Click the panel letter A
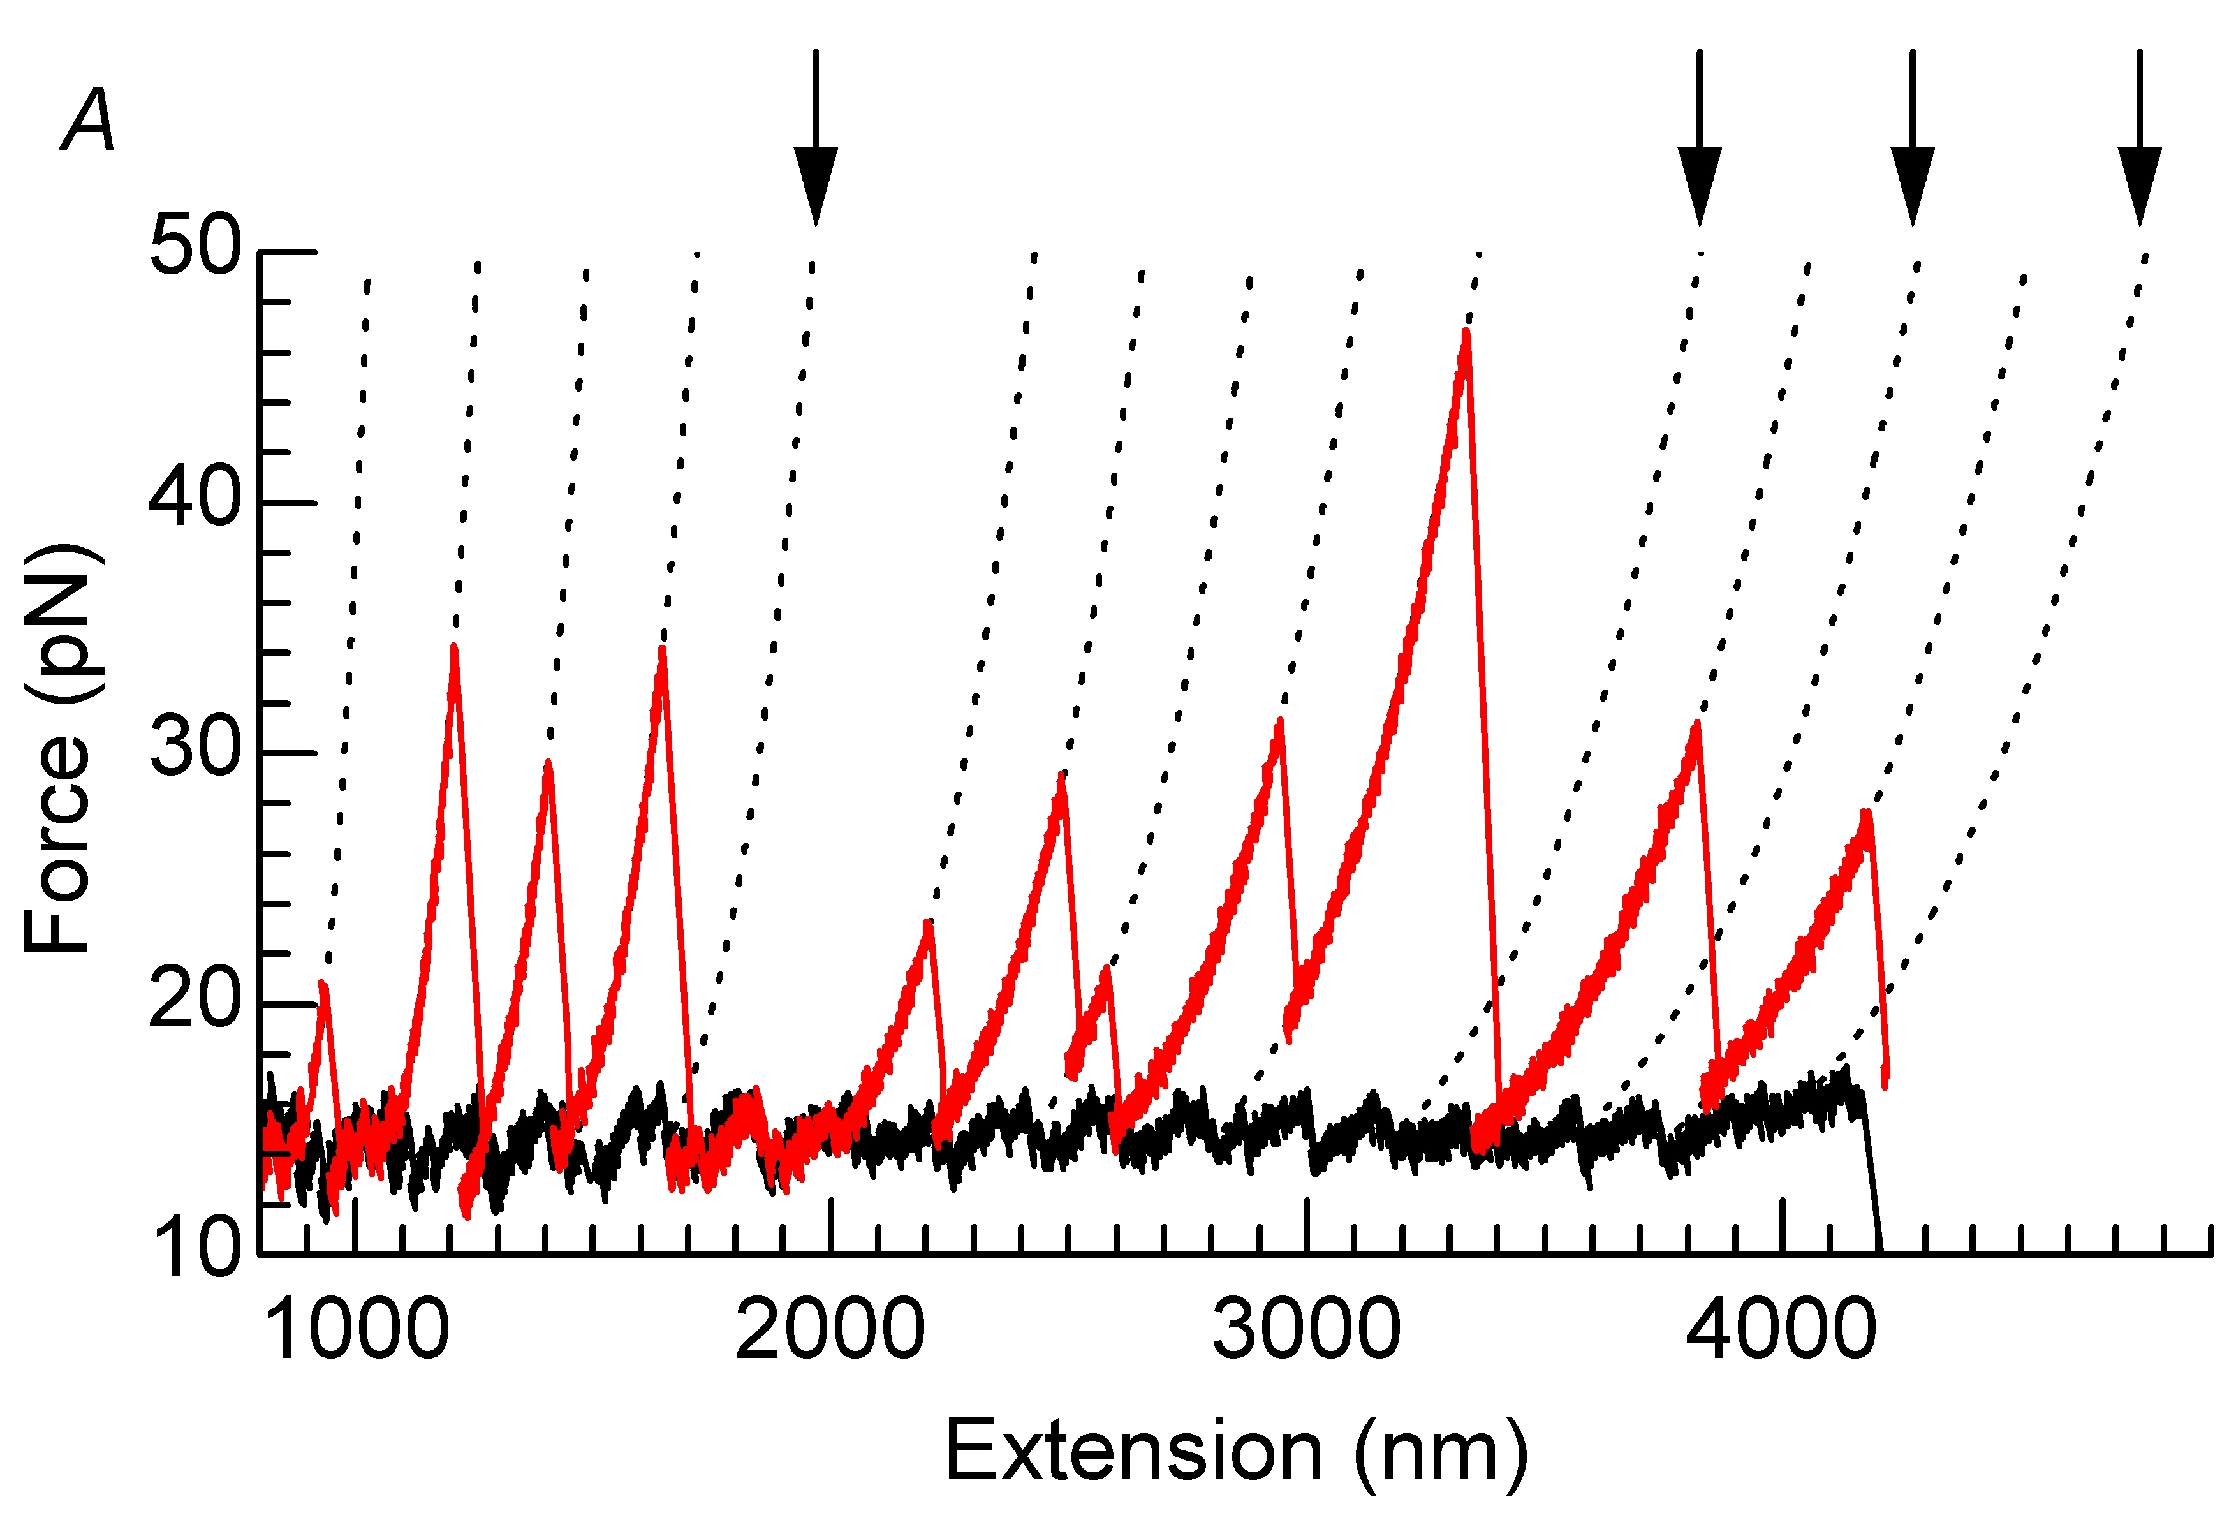tap(89, 121)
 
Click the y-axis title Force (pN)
tap(60, 749)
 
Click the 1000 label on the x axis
tap(355, 1330)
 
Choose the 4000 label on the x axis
tap(1781, 1330)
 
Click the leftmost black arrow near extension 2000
tap(815, 144)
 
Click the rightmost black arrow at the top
tap(2139, 144)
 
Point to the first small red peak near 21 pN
tap(323, 984)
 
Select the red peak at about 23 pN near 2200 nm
tap(927, 924)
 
